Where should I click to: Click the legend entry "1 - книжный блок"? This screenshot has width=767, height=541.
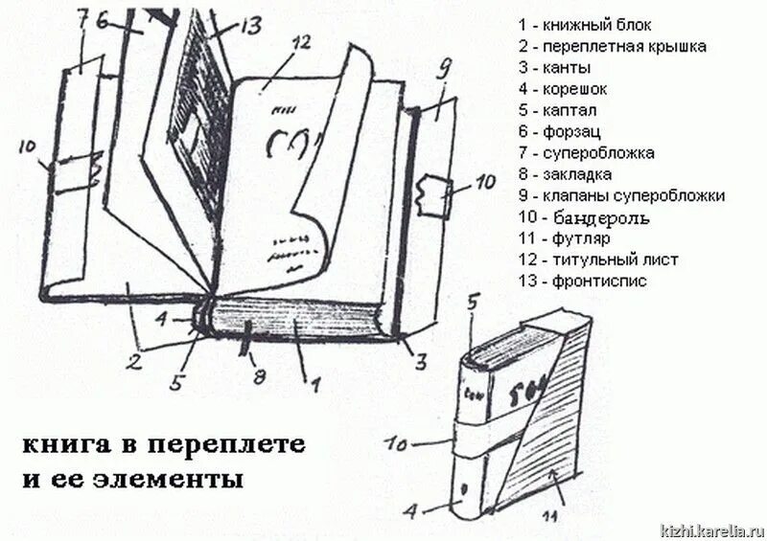(584, 26)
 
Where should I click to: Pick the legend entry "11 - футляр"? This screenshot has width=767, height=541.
(563, 238)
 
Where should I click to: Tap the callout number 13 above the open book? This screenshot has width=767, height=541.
(250, 27)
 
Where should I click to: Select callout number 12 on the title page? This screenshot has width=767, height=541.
(302, 42)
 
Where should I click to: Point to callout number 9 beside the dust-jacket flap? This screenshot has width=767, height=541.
(443, 68)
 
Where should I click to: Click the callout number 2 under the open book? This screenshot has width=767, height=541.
(136, 362)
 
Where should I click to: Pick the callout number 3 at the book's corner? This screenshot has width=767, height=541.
(420, 361)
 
